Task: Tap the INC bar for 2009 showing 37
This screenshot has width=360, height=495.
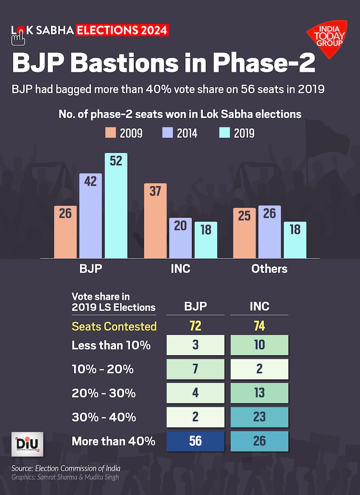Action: click(x=156, y=221)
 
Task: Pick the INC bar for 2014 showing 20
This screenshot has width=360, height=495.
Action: click(x=180, y=238)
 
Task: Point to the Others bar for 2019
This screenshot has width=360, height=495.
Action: click(x=295, y=240)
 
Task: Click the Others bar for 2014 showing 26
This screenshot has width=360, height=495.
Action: click(x=269, y=232)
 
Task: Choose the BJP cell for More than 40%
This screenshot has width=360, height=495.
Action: click(x=195, y=441)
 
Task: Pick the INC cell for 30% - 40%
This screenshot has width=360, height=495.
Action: click(x=260, y=417)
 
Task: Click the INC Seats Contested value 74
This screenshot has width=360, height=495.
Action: click(x=260, y=326)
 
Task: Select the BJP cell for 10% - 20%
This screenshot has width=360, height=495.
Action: click(x=195, y=369)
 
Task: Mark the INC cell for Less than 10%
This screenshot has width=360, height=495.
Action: click(x=260, y=345)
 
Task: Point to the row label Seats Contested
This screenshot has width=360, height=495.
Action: click(x=114, y=326)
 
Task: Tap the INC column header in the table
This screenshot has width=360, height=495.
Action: click(x=260, y=306)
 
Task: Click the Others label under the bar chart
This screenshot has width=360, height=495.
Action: click(x=269, y=268)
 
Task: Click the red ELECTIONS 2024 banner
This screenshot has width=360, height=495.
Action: click(x=122, y=30)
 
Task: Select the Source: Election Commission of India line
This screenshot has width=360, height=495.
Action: click(x=67, y=468)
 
